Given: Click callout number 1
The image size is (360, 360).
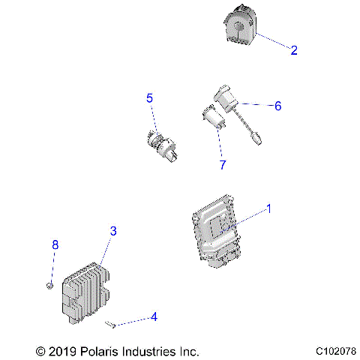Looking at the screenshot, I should click(269, 208).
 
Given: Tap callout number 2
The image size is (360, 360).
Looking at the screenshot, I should click(293, 50).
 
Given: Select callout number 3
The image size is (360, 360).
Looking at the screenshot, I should click(113, 231).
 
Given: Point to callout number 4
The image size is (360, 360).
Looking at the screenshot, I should click(154, 317).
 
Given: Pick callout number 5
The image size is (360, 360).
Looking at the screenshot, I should click(149, 98).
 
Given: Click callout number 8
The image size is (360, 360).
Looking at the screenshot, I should click(55, 244).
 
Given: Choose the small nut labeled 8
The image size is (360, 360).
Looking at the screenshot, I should click(48, 284).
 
